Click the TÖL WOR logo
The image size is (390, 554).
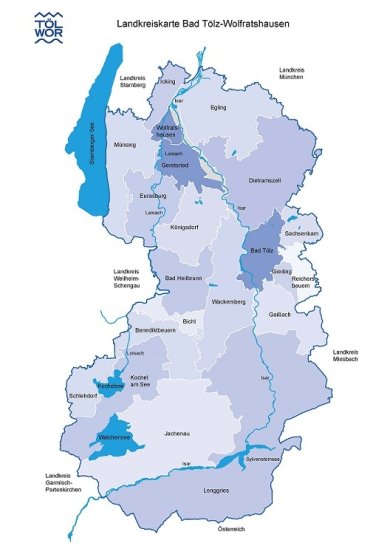tap(46, 24)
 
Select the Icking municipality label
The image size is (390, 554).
tap(167, 81)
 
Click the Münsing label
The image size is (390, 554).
tap(125, 145)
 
